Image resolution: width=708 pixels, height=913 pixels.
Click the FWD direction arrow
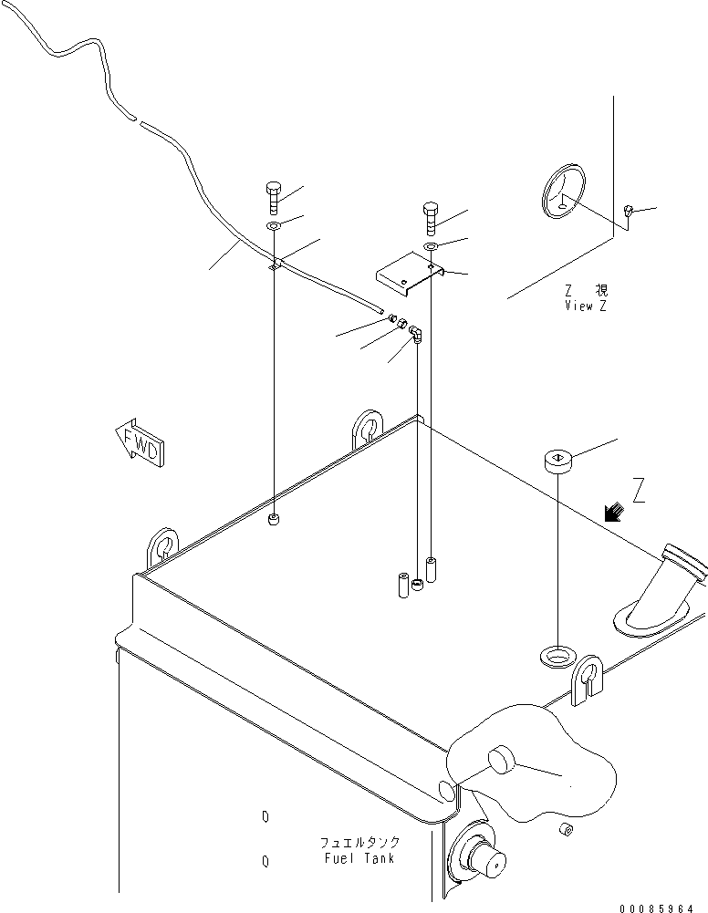pos(140,442)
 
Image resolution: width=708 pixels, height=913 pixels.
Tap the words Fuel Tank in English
pos(359,858)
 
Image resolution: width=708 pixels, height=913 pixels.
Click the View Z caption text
pos(586,306)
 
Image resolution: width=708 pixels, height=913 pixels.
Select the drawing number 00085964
pos(656,908)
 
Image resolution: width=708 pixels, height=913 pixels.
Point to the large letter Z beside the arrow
pos(638,490)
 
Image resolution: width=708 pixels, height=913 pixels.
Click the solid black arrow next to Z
pos(614,512)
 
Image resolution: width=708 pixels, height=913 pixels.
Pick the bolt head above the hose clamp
pos(274,189)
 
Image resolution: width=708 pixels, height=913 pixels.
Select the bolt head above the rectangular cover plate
pos(430,210)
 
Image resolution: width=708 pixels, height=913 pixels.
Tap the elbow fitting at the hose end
pos(416,334)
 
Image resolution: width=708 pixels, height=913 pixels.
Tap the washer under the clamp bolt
pos(274,225)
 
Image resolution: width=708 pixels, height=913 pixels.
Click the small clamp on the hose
pos(276,265)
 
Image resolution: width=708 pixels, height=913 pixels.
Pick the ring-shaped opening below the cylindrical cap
pos(558,656)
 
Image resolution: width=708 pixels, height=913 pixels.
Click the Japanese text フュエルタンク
pos(359,843)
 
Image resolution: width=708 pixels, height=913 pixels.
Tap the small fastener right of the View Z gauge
pos(628,210)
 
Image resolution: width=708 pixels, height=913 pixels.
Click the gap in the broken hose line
pos(139,121)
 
